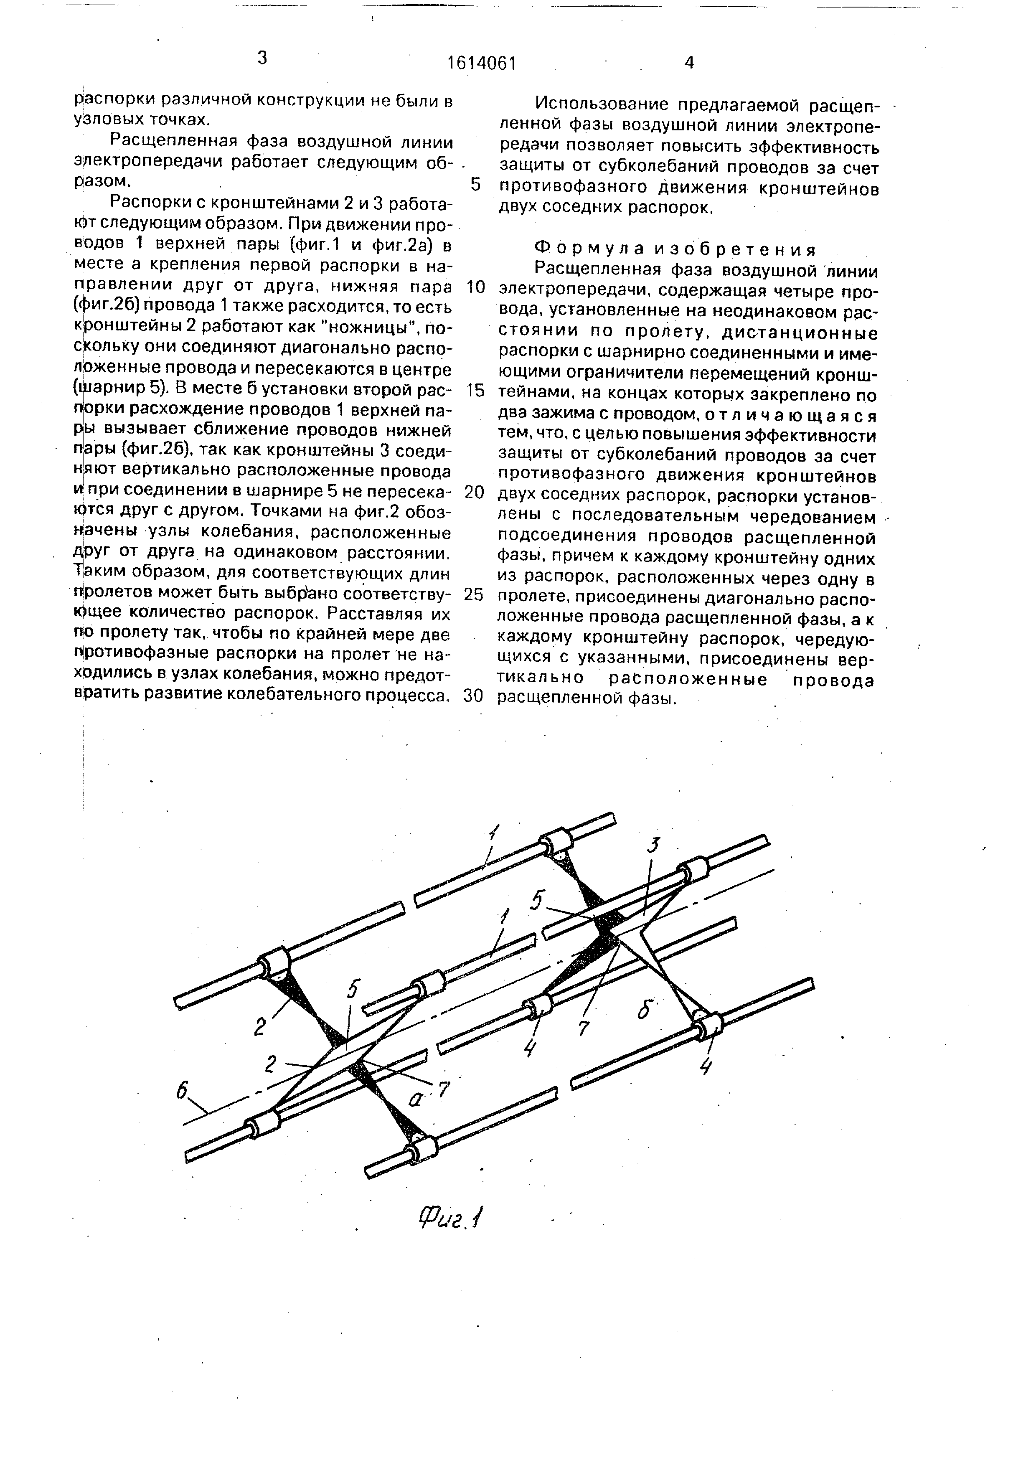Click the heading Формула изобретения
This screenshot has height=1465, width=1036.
(675, 249)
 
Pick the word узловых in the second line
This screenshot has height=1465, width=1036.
(104, 120)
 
